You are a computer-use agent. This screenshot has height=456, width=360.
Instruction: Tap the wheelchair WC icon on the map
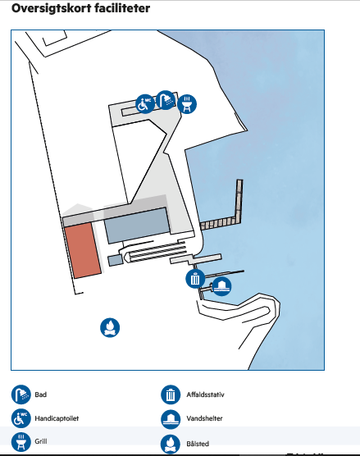145,104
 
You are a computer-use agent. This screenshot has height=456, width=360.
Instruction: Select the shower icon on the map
166,100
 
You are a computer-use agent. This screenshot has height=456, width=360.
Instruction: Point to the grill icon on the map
187,104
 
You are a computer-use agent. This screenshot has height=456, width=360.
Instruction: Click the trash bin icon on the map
195,279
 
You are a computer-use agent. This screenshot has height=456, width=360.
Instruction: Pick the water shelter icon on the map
222,286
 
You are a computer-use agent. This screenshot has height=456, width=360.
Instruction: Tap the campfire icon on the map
110,328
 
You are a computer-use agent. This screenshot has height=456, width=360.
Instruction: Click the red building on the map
83,250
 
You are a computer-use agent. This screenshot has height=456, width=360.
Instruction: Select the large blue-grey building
137,226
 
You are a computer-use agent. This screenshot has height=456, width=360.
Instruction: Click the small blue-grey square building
116,260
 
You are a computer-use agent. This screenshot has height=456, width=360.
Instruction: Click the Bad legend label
41,394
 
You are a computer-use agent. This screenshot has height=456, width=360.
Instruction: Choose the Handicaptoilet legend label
57,418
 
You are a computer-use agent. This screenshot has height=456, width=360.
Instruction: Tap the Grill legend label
41,441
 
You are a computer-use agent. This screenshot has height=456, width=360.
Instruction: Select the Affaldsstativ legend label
205,394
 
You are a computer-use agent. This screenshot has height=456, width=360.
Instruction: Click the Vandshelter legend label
204,418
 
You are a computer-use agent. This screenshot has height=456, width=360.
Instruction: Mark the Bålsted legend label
198,444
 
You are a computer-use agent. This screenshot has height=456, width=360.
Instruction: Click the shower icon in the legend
21,394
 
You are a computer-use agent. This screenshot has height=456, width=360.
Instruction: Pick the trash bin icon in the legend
171,394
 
